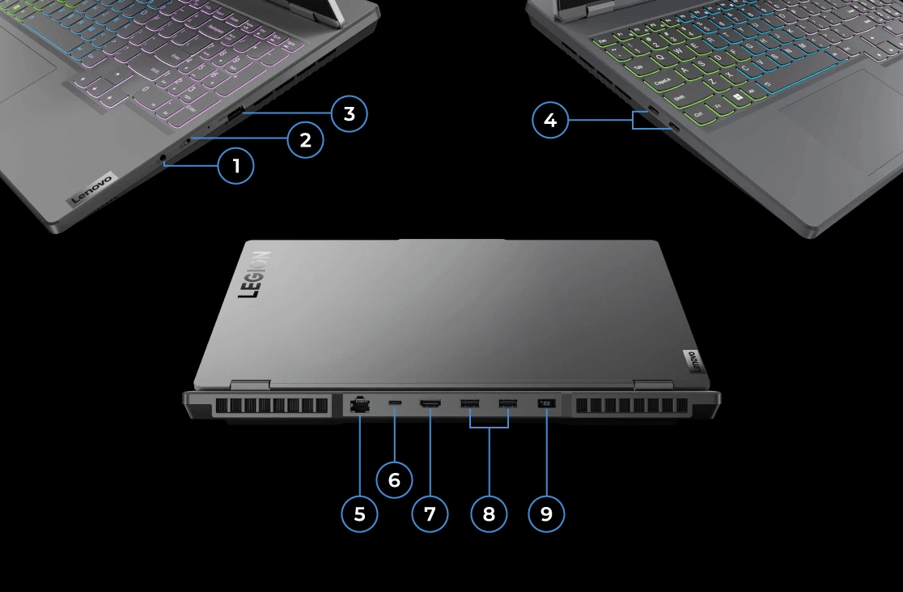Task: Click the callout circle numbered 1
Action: click(236, 167)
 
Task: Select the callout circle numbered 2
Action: click(305, 140)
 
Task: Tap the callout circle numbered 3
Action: click(349, 114)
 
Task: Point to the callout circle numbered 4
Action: click(550, 121)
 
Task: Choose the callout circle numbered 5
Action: click(359, 513)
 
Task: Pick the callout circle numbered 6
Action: click(394, 480)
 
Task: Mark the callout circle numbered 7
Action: click(430, 513)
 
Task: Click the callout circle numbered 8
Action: click(489, 513)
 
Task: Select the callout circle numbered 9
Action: click(546, 513)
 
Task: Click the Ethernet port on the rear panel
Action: click(358, 404)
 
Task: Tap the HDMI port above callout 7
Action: click(429, 402)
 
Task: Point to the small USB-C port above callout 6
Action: click(395, 402)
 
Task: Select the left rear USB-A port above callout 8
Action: click(469, 402)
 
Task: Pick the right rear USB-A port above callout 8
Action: click(507, 402)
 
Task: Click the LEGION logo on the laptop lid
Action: click(254, 274)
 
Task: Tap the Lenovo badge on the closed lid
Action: click(694, 361)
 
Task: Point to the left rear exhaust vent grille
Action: click(272, 406)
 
